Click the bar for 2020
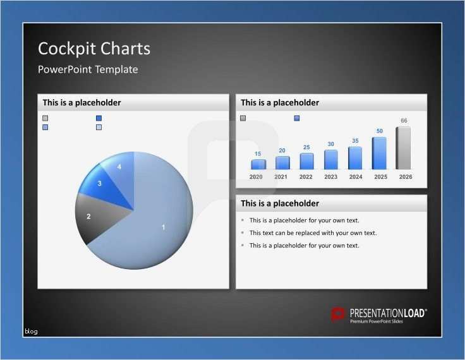258,164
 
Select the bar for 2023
331,159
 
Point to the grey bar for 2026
403,148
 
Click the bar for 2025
379,153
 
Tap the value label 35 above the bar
355,141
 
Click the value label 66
404,121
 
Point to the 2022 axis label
306,177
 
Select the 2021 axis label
281,177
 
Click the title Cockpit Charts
94,49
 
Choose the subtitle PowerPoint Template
88,69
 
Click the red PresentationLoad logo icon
339,314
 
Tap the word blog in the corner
31,331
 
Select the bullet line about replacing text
313,233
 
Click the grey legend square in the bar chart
243,118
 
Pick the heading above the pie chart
82,102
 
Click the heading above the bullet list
280,203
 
